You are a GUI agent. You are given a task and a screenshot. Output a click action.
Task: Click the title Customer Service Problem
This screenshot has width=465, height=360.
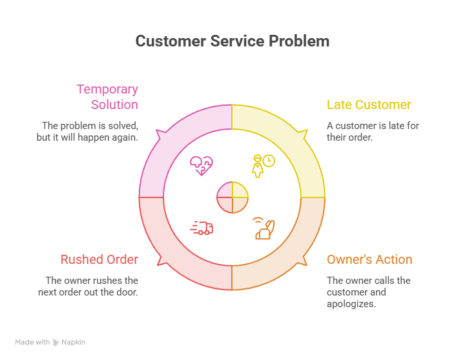(x=232, y=41)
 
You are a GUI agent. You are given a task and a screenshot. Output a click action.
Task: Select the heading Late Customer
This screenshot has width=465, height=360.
(x=369, y=105)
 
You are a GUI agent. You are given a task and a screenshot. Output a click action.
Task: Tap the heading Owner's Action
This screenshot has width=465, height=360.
(x=369, y=259)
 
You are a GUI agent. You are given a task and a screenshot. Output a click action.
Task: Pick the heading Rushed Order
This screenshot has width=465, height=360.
(x=99, y=259)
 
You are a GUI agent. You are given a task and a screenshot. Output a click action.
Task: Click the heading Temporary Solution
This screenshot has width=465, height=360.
(x=107, y=97)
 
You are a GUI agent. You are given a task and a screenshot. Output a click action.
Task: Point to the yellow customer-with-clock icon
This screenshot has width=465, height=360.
(x=263, y=166)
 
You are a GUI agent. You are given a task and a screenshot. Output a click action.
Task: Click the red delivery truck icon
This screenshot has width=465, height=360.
(x=201, y=228)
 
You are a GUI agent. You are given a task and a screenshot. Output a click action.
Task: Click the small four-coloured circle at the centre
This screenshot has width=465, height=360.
(x=232, y=197)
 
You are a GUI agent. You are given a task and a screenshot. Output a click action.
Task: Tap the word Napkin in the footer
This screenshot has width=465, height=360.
(x=73, y=342)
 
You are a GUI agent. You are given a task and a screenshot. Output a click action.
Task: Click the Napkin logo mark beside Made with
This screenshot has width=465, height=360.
(x=56, y=343)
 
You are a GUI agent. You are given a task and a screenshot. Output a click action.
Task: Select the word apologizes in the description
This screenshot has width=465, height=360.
(x=351, y=304)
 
